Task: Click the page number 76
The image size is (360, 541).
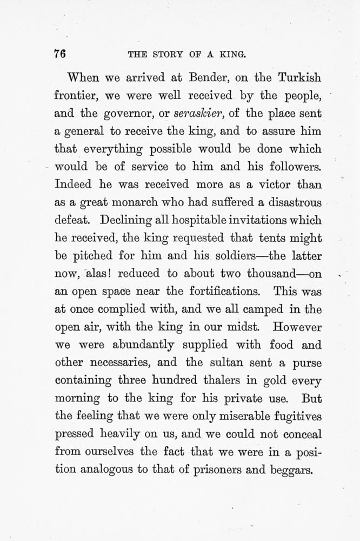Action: pyautogui.click(x=60, y=54)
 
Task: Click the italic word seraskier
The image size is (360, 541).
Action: pyautogui.click(x=199, y=114)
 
